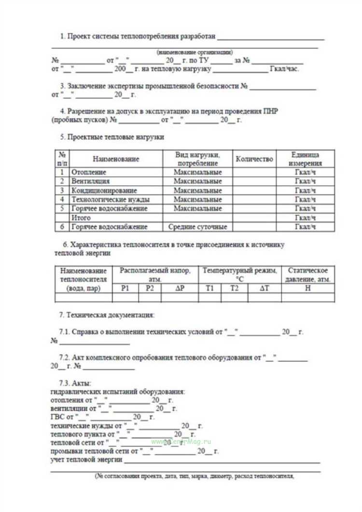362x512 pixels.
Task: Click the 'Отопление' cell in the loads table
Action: tap(89, 172)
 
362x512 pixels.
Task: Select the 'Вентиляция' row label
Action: tap(90, 181)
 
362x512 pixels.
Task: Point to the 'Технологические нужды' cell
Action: tap(110, 199)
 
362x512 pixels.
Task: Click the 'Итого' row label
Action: tap(81, 218)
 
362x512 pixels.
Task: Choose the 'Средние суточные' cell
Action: tap(197, 227)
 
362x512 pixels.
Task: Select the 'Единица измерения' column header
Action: tap(305, 159)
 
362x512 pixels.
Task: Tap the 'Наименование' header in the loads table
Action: tap(116, 159)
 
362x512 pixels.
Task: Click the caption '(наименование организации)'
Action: tap(195, 52)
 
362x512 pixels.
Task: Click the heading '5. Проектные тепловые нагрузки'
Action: tap(112, 137)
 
